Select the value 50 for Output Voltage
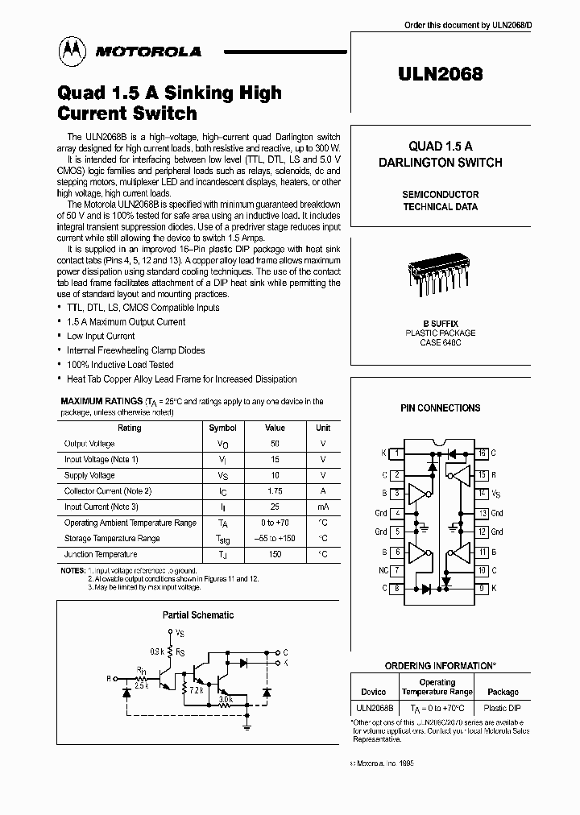click(x=275, y=444)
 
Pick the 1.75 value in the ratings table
click(x=275, y=491)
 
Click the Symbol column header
click(x=222, y=428)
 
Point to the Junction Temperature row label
click(x=101, y=554)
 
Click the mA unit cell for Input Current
click(x=322, y=507)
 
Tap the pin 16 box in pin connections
click(x=482, y=453)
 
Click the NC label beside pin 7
click(x=384, y=570)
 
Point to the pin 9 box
click(x=482, y=588)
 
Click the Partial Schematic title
click(x=198, y=614)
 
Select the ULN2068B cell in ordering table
click(x=374, y=708)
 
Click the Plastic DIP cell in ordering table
click(x=503, y=708)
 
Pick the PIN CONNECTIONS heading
click(x=441, y=408)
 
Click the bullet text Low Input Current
click(x=101, y=336)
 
